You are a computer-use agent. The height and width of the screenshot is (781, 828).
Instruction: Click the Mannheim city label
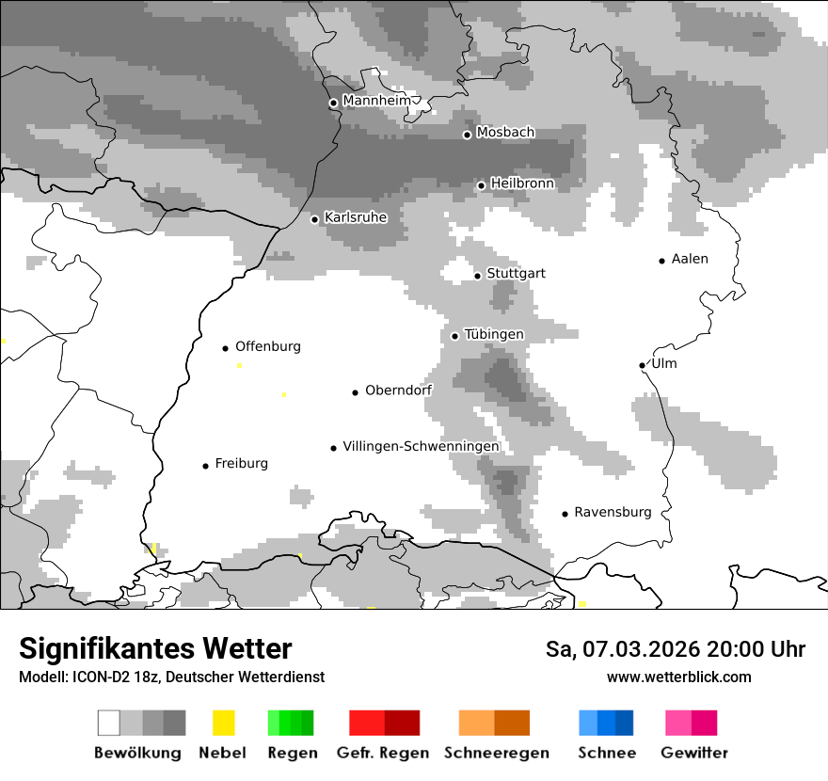376,101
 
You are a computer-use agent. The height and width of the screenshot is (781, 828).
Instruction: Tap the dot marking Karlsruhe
315,219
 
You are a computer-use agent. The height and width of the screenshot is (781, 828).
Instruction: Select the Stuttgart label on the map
516,274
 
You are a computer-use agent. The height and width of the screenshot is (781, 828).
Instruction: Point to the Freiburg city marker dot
205,466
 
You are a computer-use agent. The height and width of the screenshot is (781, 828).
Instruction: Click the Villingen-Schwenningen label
421,447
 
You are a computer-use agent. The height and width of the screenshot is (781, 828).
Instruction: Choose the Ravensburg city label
613,513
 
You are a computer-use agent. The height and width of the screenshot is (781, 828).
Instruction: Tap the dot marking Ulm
642,365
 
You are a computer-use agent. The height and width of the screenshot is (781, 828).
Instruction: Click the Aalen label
690,259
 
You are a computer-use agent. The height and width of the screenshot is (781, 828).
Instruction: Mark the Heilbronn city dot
481,185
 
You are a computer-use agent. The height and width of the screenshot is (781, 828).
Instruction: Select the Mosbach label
505,133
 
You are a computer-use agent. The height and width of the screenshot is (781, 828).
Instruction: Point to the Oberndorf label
399,390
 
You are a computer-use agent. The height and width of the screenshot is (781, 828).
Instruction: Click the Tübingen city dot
454,336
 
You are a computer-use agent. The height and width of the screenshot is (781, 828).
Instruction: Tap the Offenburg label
268,346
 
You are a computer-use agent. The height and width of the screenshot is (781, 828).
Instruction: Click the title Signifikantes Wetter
155,649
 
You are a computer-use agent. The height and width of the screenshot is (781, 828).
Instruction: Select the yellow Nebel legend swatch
223,723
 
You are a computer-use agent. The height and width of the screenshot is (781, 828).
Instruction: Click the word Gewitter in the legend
694,753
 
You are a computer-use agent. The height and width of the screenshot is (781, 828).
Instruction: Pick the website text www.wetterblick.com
678,677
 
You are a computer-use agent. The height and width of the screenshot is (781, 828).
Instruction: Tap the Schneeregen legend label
497,753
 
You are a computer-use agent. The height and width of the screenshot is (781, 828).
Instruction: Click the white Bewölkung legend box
109,723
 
